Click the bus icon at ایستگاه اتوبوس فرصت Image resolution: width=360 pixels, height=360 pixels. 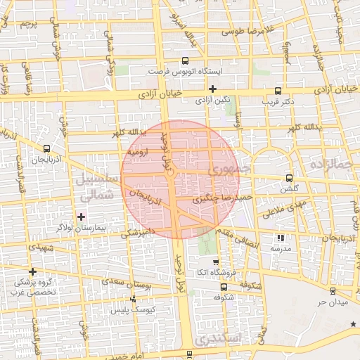coord(185,61)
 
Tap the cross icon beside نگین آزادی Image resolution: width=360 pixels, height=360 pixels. coord(212,89)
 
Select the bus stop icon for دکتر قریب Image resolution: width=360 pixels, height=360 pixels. coord(278,90)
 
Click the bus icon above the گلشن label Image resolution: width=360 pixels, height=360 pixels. coord(289,178)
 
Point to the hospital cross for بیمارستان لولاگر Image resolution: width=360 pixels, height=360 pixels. coord(82,216)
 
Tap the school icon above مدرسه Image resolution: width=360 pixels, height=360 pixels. coord(281,238)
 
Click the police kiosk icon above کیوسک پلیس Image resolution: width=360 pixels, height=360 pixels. coord(133,300)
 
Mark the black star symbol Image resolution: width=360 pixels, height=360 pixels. coord(353,323)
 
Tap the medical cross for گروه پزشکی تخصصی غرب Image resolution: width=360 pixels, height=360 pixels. coord(32,271)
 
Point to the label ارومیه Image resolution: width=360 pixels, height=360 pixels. coord(137,152)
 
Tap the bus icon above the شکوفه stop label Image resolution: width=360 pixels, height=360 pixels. coord(224,288)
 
